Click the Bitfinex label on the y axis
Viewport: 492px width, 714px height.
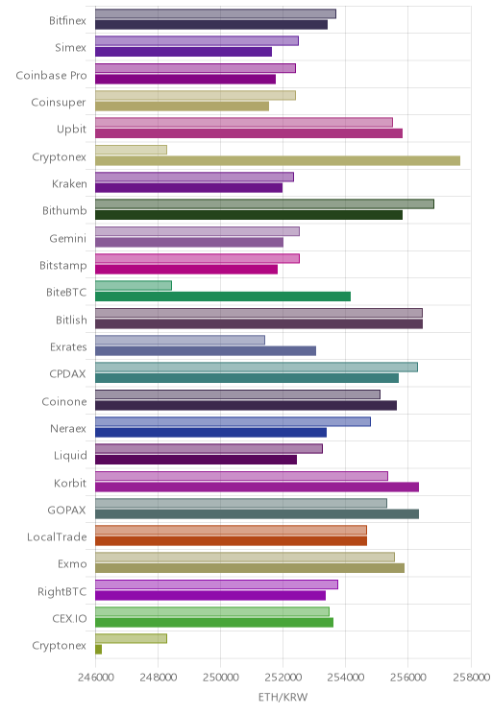[67, 20]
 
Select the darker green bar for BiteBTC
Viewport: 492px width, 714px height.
[223, 297]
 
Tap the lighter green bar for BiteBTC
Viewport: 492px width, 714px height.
[134, 286]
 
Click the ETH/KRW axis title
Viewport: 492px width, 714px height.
[283, 697]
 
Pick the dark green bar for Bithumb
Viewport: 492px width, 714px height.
[249, 215]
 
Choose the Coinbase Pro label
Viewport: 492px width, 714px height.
[51, 75]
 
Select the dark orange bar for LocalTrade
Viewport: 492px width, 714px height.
[232, 541]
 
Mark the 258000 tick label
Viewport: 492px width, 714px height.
[472, 678]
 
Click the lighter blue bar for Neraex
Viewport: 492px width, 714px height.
[233, 421]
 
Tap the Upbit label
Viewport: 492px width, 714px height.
[71, 130]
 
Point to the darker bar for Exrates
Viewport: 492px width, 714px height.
[206, 350]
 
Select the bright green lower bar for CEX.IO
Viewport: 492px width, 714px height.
[214, 623]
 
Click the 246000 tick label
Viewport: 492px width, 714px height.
[95, 678]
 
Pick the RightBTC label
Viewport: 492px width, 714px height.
[62, 591]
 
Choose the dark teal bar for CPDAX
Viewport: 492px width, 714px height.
[247, 378]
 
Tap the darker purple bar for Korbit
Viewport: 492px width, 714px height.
[258, 487]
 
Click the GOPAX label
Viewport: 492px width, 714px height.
[66, 510]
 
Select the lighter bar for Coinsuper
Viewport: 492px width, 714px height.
[196, 95]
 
